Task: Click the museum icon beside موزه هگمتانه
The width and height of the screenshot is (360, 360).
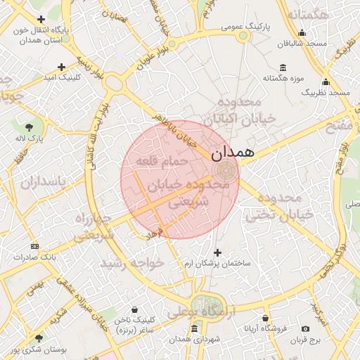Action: pyautogui.click(x=283, y=68)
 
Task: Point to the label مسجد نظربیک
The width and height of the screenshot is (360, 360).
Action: pyautogui.click(x=326, y=92)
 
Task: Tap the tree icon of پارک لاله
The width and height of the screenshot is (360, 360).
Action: pyautogui.click(x=29, y=127)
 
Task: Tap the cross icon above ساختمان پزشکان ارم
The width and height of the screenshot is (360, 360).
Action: pyautogui.click(x=217, y=252)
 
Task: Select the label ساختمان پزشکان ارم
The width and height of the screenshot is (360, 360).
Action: pyautogui.click(x=217, y=263)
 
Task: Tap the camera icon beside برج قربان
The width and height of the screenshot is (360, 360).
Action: pyautogui.click(x=305, y=329)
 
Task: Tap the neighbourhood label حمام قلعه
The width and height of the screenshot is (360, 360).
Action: pyautogui.click(x=166, y=162)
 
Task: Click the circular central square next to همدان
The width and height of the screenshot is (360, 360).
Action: pyautogui.click(x=225, y=170)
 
